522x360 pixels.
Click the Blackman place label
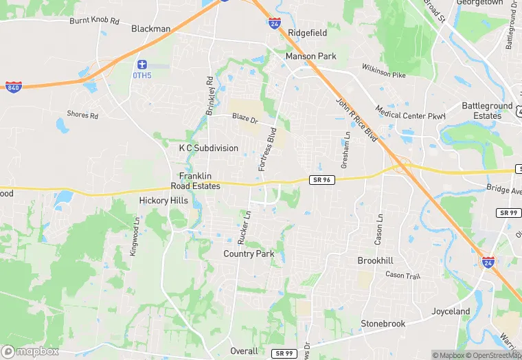[x=150, y=29]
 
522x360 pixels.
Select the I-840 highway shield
[x=13, y=87]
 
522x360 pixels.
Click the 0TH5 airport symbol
[x=141, y=64]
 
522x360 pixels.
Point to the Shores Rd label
[x=82, y=115]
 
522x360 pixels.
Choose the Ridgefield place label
[x=308, y=33]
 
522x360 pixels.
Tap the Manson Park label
[x=310, y=56]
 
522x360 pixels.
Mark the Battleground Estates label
[x=487, y=111]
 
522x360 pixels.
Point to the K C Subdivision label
[x=209, y=148]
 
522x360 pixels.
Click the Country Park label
[x=249, y=254]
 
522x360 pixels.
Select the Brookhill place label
[x=375, y=261]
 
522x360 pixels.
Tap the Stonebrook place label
[x=383, y=324]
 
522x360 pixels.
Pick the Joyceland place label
[x=451, y=311]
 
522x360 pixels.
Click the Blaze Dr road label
[x=245, y=117]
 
